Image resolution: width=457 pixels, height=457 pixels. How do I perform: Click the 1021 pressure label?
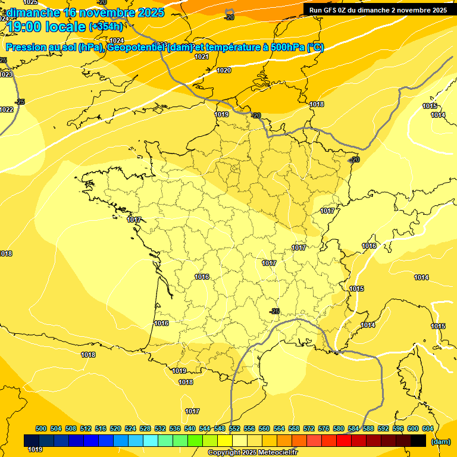click(202, 57)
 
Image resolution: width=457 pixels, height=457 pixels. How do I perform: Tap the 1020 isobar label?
click(224, 70)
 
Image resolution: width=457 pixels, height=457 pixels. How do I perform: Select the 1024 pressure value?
click(117, 40)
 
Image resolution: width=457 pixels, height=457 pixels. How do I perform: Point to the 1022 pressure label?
click(7, 109)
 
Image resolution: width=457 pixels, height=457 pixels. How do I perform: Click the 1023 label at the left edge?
click(5, 74)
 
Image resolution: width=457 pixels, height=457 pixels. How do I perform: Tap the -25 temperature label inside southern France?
click(274, 311)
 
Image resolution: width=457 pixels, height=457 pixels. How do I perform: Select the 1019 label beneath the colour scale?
click(35, 449)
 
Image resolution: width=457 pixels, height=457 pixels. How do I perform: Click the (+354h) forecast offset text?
click(106, 26)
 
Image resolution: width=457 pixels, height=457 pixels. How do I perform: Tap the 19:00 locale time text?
click(46, 26)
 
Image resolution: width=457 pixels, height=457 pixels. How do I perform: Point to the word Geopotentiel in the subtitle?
click(136, 48)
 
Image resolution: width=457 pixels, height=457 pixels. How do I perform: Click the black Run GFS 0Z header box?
click(378, 10)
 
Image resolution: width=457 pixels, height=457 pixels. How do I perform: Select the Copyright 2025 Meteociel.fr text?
click(252, 452)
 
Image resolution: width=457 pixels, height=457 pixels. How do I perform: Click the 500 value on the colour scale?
click(41, 428)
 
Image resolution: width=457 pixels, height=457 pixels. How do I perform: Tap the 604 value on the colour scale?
click(428, 428)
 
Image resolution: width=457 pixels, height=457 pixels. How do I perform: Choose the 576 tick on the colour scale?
click(324, 428)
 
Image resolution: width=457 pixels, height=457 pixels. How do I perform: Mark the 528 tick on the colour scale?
click(145, 428)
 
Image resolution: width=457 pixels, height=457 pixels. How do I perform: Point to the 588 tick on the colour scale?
click(368, 428)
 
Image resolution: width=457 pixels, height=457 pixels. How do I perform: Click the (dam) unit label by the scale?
click(440, 442)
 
